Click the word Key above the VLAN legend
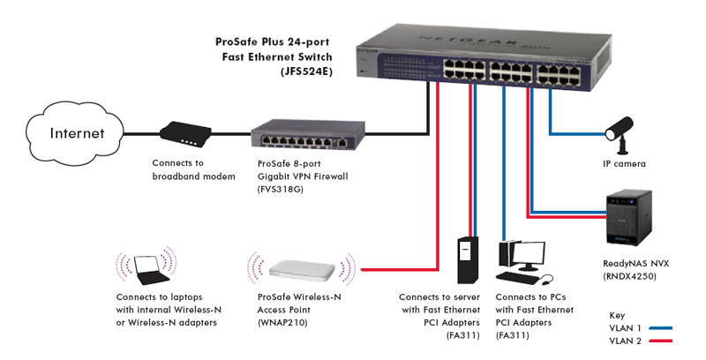618,314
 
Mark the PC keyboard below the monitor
527,279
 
